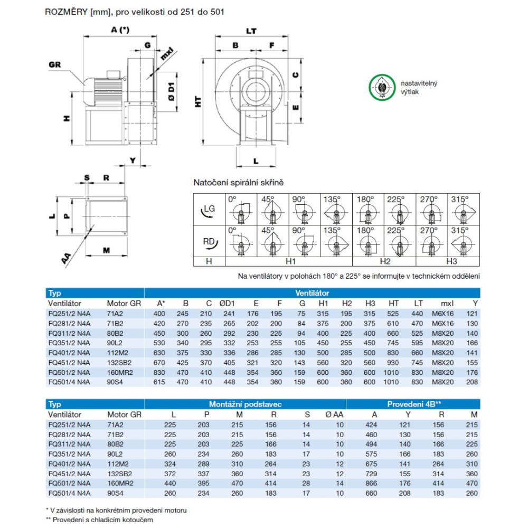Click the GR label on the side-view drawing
[x=55, y=64]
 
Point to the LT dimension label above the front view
[x=252, y=31]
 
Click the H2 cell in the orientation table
[x=384, y=261]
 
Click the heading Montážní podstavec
[x=244, y=404]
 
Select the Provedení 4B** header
[x=414, y=404]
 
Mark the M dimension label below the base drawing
[x=106, y=250]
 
